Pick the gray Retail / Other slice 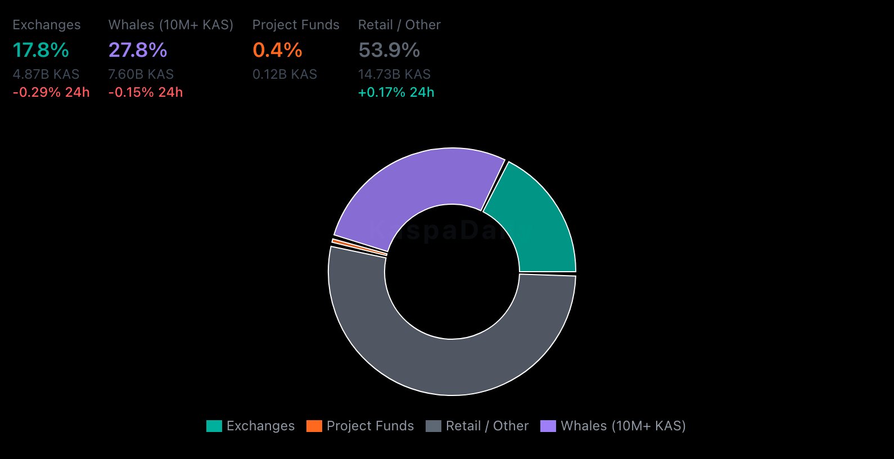click(x=450, y=366)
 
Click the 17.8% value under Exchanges click(x=40, y=50)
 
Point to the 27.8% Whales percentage click(x=138, y=50)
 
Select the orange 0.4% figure click(x=277, y=50)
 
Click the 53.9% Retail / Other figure click(x=389, y=50)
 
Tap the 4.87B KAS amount click(x=46, y=74)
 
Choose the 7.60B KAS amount click(x=141, y=74)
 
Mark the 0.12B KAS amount click(x=285, y=74)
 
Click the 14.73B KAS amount click(x=394, y=74)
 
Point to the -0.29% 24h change click(x=51, y=92)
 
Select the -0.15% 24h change click(x=146, y=92)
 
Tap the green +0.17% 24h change click(x=396, y=92)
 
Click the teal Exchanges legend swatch click(x=214, y=426)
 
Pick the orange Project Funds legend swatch click(x=314, y=426)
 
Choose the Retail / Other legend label click(x=487, y=426)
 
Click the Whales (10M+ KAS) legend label click(x=623, y=426)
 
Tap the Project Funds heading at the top click(x=296, y=25)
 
